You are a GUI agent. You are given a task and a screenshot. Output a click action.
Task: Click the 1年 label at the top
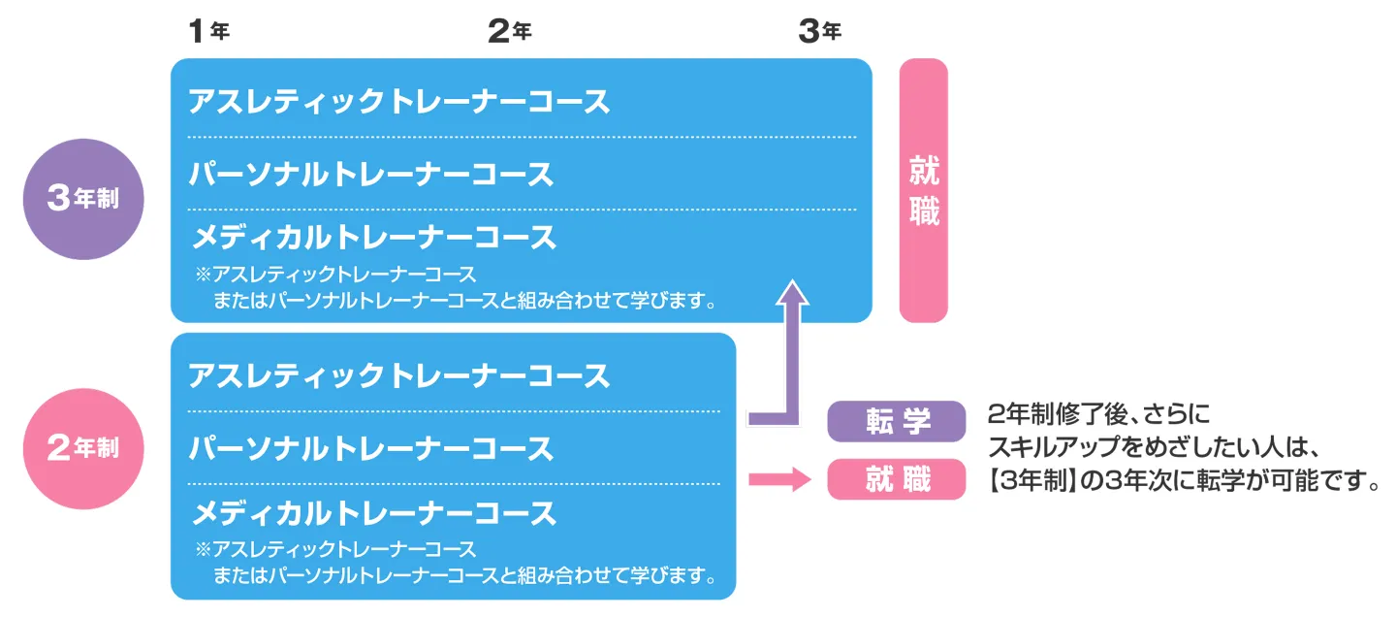tap(208, 32)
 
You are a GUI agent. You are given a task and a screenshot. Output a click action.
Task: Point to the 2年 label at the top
tap(510, 32)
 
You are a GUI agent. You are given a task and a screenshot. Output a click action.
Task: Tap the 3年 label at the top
tap(819, 32)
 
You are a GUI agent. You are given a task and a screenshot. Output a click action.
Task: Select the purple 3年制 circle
tap(84, 199)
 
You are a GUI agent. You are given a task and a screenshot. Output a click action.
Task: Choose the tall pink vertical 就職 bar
tap(923, 190)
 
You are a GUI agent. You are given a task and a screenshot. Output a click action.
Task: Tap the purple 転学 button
tap(897, 421)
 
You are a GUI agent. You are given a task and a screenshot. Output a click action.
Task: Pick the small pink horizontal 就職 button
tap(897, 479)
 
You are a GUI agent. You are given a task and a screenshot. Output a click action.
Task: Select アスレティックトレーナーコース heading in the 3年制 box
tap(398, 101)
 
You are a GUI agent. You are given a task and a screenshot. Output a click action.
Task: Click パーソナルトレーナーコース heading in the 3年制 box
tap(370, 175)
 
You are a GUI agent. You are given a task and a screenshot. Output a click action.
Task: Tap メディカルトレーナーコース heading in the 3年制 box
tap(374, 238)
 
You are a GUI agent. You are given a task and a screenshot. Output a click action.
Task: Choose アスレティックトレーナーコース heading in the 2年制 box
tap(398, 375)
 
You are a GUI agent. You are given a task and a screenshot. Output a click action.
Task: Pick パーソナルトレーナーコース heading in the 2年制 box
tap(370, 448)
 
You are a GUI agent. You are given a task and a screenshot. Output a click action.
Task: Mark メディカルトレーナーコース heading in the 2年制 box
tap(374, 513)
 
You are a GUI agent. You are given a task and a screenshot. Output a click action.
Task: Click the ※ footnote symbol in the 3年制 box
tap(204, 276)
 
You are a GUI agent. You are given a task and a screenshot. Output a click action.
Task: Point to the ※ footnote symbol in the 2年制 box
tap(204, 550)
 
